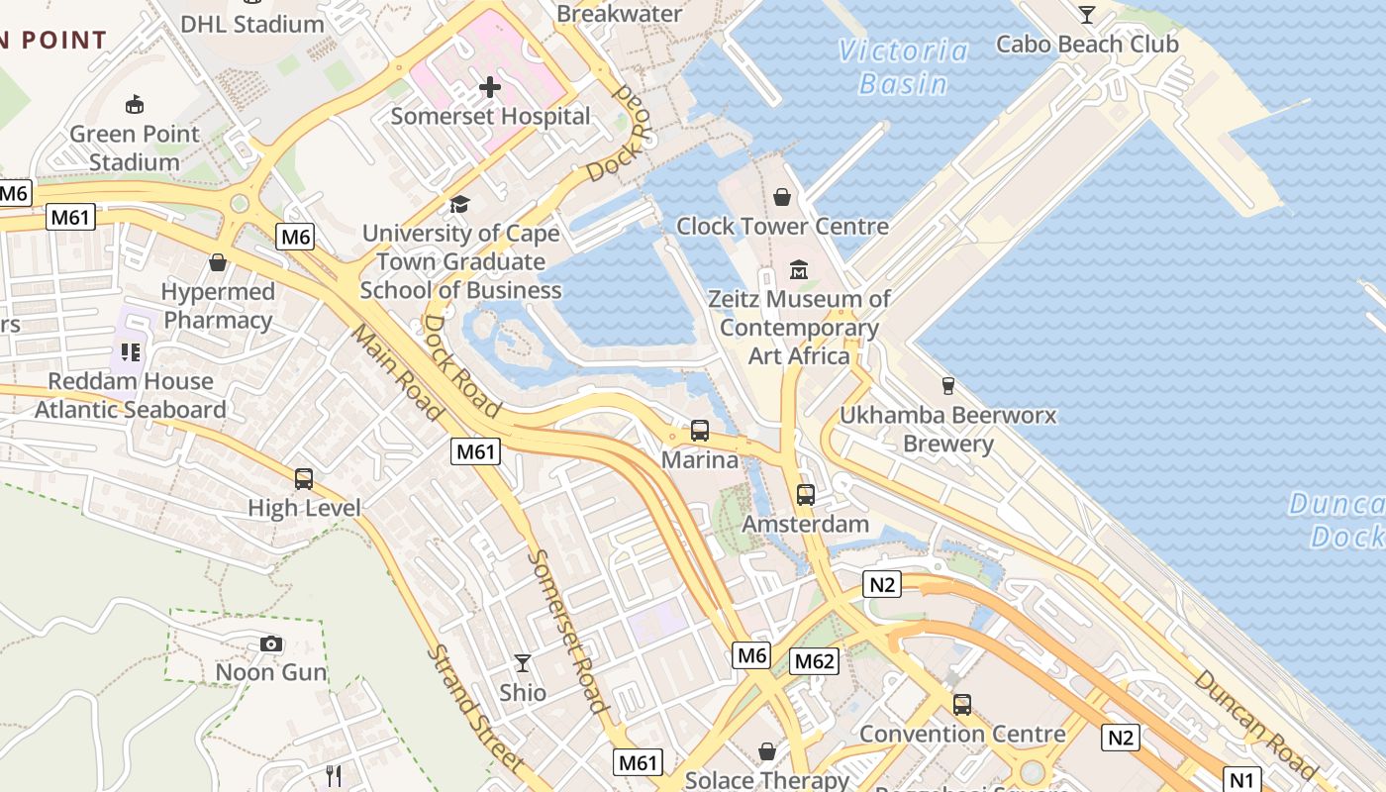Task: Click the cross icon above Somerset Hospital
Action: (490, 87)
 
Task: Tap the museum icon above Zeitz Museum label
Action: (798, 269)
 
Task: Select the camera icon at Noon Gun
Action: (271, 644)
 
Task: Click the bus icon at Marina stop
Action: (700, 431)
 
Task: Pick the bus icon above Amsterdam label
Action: (806, 494)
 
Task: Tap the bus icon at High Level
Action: (304, 479)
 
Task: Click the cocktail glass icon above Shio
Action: (523, 663)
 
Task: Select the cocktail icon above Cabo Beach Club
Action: (1087, 14)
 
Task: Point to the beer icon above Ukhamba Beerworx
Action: (947, 386)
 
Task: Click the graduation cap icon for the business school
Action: (459, 205)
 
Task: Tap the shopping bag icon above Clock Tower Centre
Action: (782, 197)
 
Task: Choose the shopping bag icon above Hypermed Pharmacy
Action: (218, 262)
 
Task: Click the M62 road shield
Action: (815, 661)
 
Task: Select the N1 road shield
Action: (1242, 778)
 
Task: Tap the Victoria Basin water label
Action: (903, 67)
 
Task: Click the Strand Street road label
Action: (475, 709)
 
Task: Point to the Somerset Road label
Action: (566, 631)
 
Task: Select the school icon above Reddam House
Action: (131, 351)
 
